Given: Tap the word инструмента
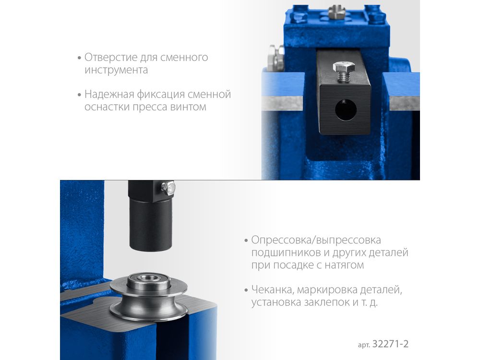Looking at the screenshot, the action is click(x=116, y=70).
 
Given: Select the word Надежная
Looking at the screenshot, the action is click(x=109, y=94).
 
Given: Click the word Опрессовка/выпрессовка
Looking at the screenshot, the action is click(x=316, y=240).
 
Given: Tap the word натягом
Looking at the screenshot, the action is click(x=344, y=265).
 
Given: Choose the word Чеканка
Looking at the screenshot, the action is click(x=273, y=289).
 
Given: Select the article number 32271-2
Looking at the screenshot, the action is click(x=390, y=344).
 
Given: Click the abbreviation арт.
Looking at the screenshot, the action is click(x=364, y=345).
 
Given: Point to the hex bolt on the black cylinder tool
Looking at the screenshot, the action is click(x=168, y=188).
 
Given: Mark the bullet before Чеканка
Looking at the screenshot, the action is click(x=246, y=290).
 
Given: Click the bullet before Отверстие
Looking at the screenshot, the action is click(x=79, y=58).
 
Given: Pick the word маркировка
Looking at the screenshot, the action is click(x=327, y=289).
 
